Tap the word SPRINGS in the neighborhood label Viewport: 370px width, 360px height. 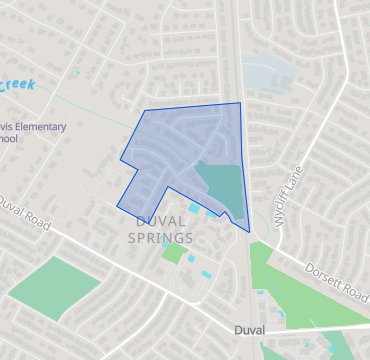click(160, 237)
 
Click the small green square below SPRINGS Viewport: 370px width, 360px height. click(173, 252)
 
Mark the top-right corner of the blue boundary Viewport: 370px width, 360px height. click(240, 102)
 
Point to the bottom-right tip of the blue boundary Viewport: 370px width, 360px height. click(249, 232)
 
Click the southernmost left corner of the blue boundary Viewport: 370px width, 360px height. click(117, 205)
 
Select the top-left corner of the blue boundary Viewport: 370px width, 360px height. click(146, 110)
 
